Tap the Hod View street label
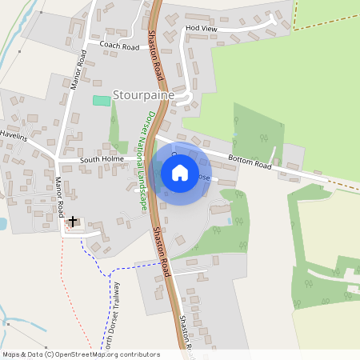201,28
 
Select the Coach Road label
119,46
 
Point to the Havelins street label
13,137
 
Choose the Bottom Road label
249,162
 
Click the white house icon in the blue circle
180,172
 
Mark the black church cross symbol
73,220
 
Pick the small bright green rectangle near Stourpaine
101,100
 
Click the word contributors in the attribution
138,354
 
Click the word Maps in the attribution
11,354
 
